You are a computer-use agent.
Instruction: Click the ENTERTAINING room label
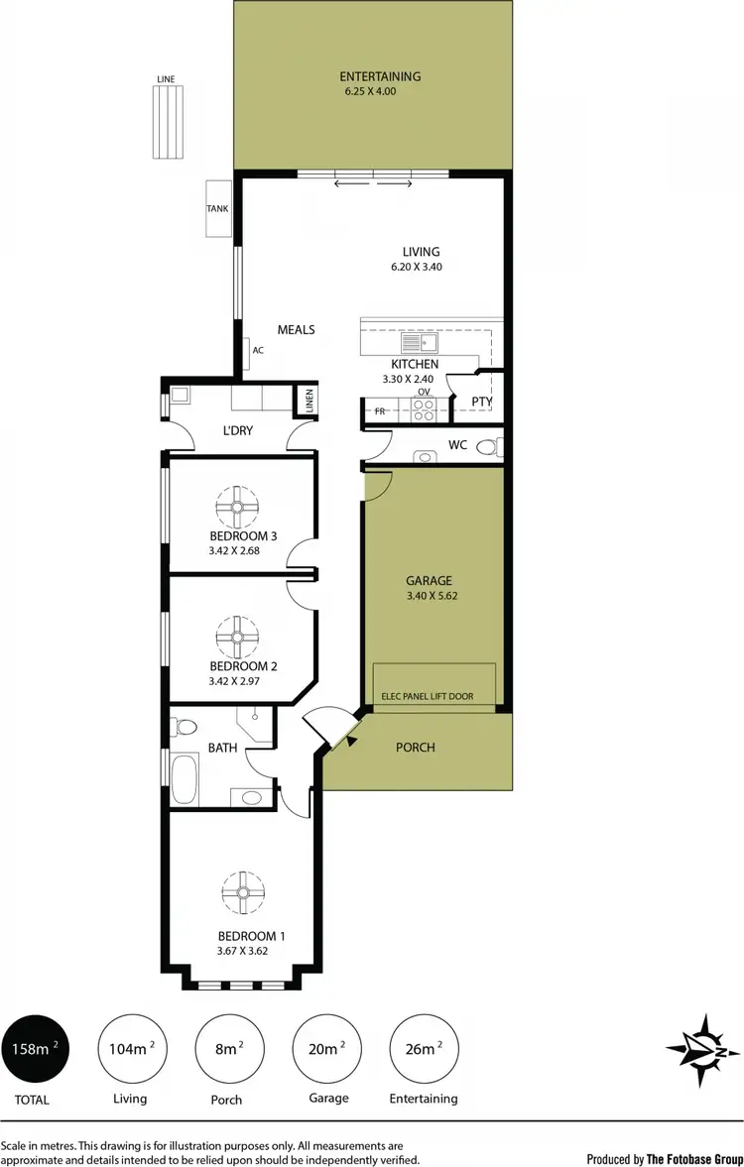[380, 76]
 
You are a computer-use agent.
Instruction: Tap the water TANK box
[217, 209]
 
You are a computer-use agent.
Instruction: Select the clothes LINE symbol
[168, 121]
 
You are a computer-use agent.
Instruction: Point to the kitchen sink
[421, 344]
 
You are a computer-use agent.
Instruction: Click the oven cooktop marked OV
[423, 408]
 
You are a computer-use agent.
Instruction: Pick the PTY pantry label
[482, 402]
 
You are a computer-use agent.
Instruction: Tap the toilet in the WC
[487, 447]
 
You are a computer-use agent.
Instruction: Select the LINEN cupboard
[309, 401]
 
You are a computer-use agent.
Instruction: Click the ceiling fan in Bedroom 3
[238, 508]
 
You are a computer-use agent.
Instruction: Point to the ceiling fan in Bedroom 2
[238, 636]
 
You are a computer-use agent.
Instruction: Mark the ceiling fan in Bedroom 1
[241, 892]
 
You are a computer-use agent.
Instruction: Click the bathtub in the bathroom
[186, 778]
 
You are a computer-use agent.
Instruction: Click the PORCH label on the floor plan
[415, 747]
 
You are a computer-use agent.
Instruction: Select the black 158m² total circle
[35, 1049]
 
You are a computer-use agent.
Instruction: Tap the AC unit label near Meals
[258, 350]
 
